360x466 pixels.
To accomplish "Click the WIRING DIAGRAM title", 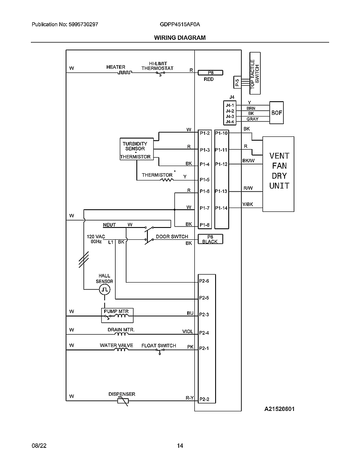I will [180, 37].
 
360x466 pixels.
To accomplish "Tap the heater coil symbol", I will [125, 72].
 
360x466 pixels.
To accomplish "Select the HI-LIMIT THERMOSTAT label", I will [157, 65].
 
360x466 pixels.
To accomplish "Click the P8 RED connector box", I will [210, 72].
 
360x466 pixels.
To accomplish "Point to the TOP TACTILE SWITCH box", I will [255, 73].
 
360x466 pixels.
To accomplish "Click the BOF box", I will [277, 113].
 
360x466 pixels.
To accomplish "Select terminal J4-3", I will [230, 116].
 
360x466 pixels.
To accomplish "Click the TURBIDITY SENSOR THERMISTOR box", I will [135, 150].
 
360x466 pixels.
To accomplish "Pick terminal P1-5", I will [205, 180].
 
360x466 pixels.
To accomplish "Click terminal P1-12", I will [221, 164].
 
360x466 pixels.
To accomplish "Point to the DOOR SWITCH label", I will [172, 237].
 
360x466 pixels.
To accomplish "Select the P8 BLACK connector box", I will [210, 239].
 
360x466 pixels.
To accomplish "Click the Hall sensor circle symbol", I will [105, 290].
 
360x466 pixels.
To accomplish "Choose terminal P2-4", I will [204, 333].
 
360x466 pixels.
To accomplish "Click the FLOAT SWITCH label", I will [158, 346].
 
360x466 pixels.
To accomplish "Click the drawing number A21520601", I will [280, 409].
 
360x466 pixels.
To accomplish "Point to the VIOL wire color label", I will [187, 332].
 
